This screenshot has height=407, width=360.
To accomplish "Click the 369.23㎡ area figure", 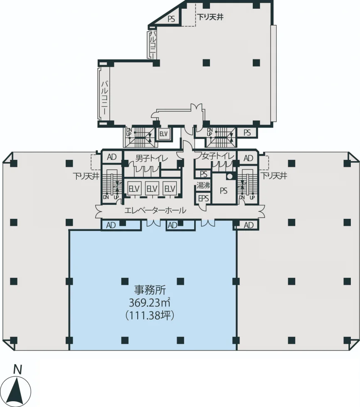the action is tap(149, 302).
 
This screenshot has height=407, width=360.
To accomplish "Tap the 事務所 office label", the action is tap(150, 290).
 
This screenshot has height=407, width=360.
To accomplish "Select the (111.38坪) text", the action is tap(150, 315).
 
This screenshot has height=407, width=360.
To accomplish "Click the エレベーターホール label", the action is tap(155, 210).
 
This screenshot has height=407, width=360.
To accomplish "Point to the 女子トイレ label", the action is tap(218, 156).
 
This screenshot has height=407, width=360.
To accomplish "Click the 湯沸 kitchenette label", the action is tap(203, 185).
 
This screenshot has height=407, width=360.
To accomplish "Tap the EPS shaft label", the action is tap(203, 199).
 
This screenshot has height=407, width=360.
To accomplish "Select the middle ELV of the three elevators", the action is tap(152, 189).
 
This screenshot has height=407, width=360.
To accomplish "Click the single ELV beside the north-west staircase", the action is tap(163, 134).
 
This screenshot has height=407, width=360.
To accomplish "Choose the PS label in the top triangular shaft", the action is tap(171, 19).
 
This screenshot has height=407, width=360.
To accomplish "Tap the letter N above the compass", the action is tap(17, 369).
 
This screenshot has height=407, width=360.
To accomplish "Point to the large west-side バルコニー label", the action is tap(105, 98).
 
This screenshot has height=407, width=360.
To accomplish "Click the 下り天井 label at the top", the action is tap(210, 17).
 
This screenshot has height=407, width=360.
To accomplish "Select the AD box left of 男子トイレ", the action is tap(112, 157).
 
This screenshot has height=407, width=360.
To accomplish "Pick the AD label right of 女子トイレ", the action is tap(248, 158).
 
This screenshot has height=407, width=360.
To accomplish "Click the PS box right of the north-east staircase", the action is tap(247, 132).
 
